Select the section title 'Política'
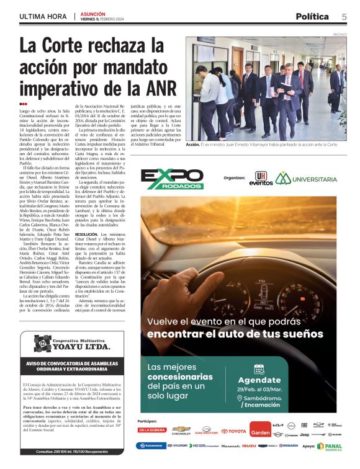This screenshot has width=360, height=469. (x=315, y=16)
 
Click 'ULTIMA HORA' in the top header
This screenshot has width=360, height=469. (x=42, y=16)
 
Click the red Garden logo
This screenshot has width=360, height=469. (x=259, y=429)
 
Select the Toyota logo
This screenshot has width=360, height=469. (x=234, y=430)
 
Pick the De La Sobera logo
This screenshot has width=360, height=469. (x=152, y=429)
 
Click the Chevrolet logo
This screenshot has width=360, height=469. (x=181, y=429)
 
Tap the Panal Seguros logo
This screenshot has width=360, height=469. (x=329, y=445)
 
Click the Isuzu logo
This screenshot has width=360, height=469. (x=249, y=445)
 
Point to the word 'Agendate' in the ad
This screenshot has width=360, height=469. (x=260, y=380)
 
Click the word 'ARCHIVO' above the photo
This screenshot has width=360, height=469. (x=340, y=35)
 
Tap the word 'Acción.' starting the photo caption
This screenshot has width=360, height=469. (x=193, y=144)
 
